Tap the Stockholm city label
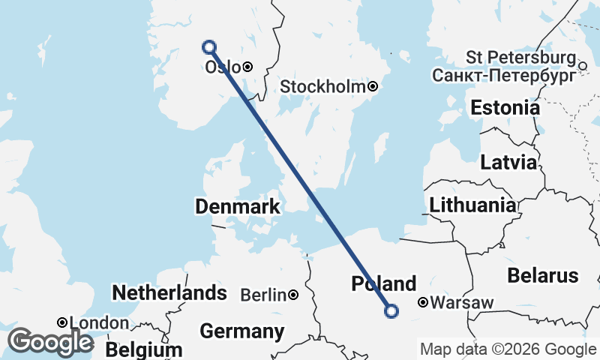click(x=322, y=87)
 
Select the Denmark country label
click(x=237, y=206)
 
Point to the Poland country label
click(x=384, y=284)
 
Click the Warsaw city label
click(x=462, y=304)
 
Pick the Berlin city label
click(x=264, y=295)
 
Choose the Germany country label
click(x=242, y=331)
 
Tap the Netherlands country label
click(x=169, y=292)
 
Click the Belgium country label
click(x=144, y=350)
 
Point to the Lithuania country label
click(x=472, y=205)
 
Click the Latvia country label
click(x=509, y=162)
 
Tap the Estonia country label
click(x=505, y=108)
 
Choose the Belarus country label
click(x=543, y=274)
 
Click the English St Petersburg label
click(x=520, y=58)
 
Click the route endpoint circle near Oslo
click(x=209, y=47)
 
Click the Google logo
click(x=51, y=342)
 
